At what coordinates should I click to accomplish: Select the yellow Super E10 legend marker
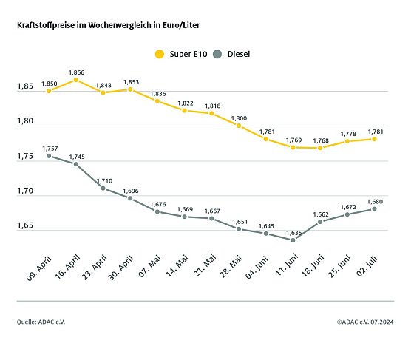[158, 54]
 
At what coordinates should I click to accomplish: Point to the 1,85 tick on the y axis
[26, 87]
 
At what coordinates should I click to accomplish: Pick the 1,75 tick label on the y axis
[26, 157]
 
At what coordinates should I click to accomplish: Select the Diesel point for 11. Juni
[293, 240]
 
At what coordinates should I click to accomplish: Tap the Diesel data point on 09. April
[49, 155]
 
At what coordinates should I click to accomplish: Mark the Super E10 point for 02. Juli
[375, 138]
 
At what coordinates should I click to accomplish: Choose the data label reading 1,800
[239, 118]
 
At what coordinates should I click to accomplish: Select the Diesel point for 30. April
[130, 198]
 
